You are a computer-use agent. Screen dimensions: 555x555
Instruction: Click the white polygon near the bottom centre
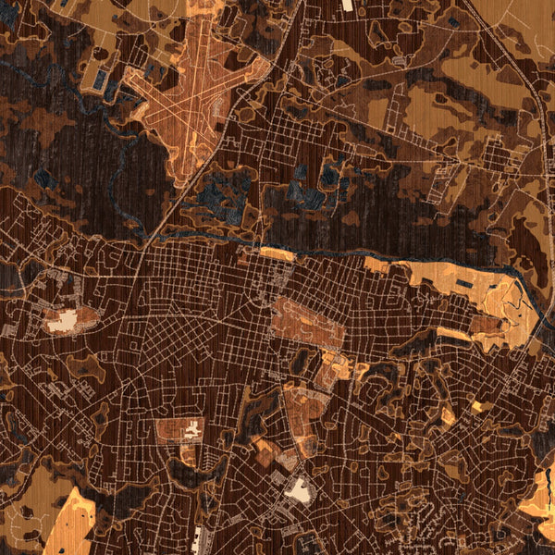[x=298, y=489]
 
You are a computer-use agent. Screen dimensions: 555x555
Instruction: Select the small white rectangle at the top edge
[x=347, y=5]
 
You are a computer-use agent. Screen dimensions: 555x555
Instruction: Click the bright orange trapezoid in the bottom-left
[x=69, y=523]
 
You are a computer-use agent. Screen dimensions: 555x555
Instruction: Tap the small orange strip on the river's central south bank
[x=277, y=253]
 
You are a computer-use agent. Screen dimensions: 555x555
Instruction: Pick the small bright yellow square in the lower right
[x=477, y=406]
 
